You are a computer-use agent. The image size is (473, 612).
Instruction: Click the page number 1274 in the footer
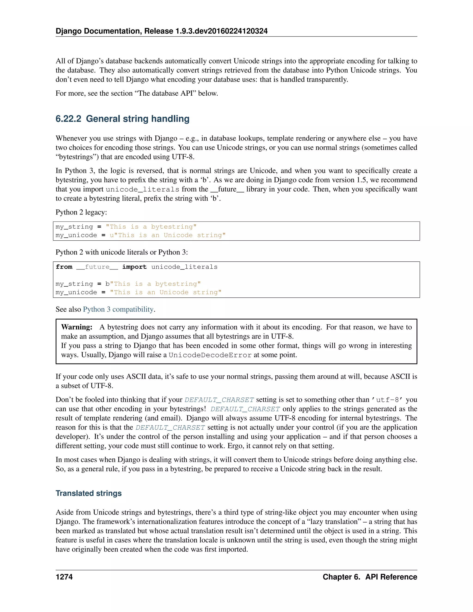64,577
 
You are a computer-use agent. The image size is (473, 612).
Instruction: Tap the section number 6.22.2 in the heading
68,119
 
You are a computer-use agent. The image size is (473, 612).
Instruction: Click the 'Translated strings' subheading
88,493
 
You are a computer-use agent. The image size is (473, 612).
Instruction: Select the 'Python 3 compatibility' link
118,309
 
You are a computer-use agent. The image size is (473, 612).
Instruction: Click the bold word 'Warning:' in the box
77,327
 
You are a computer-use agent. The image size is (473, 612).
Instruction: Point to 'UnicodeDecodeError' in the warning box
210,355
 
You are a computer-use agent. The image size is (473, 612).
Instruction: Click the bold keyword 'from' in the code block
64,267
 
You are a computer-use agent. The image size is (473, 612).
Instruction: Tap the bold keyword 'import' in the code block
134,267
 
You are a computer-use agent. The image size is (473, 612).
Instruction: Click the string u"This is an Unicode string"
168,235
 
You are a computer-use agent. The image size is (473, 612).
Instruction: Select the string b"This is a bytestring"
153,284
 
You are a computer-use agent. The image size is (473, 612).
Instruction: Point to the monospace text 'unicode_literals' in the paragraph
142,189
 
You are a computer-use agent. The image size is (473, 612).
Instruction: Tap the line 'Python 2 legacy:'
81,212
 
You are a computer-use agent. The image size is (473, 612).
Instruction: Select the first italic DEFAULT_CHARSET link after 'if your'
219,400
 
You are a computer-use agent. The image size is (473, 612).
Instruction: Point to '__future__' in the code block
97,267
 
